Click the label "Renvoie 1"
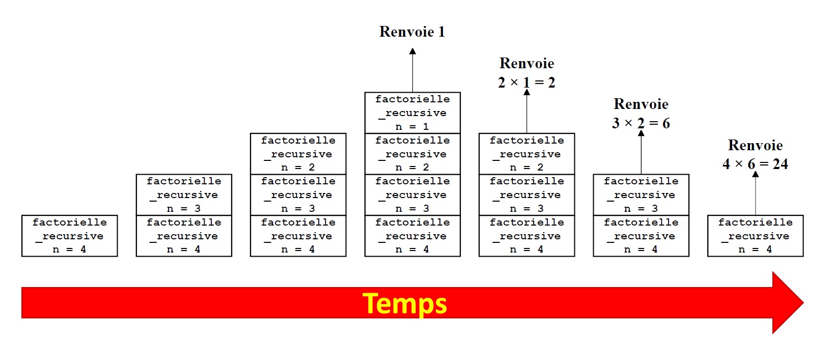click(412, 32)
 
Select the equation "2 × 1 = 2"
click(526, 82)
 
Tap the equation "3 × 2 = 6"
click(641, 123)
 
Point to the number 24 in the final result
click(780, 164)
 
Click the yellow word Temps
click(405, 303)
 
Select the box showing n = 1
click(412, 113)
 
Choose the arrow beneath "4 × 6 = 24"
click(756, 193)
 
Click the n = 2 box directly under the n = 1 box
click(412, 154)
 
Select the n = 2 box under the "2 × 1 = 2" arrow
click(526, 154)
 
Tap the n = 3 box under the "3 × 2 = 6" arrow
click(641, 195)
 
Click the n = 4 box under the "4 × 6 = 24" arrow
click(756, 236)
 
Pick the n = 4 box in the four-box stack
click(412, 236)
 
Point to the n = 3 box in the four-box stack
click(412, 195)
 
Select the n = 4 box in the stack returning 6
click(641, 236)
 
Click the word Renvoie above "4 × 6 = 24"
click(755, 145)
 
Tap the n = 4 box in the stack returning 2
click(526, 236)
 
